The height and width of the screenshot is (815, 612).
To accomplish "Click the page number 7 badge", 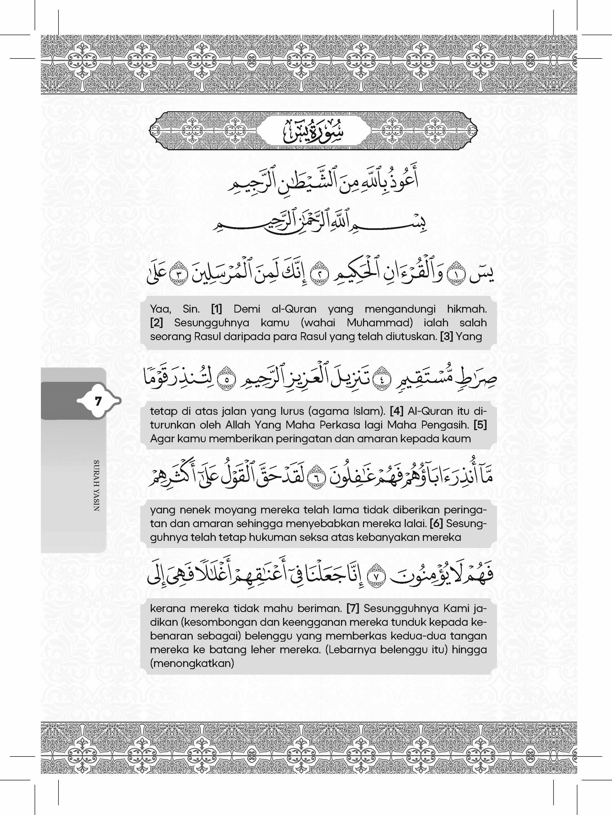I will click(98, 401).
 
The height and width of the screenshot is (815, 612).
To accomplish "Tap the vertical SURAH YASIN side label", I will click(96, 485).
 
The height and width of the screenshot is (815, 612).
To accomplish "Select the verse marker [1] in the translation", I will click(217, 309).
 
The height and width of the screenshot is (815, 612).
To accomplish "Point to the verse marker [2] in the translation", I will click(157, 323).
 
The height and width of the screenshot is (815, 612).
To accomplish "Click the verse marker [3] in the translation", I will click(446, 336).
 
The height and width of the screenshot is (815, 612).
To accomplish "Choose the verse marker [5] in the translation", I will click(480, 425).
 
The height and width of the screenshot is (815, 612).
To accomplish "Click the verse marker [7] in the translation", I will click(353, 608).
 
